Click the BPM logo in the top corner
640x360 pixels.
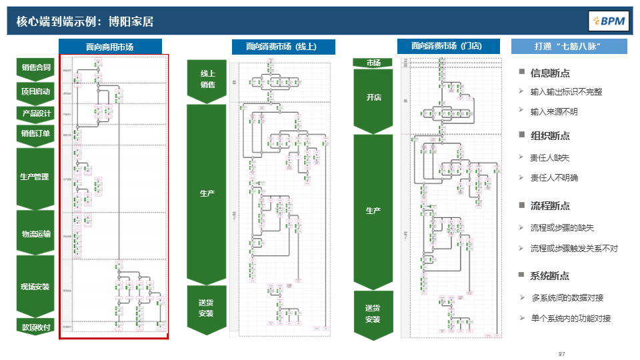click(607, 21)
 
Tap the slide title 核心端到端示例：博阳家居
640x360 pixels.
click(85, 21)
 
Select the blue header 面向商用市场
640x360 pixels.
click(110, 47)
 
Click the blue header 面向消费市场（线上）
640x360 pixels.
click(283, 47)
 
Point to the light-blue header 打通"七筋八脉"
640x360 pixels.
click(569, 47)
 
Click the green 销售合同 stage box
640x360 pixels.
click(36, 67)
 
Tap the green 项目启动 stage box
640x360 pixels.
click(36, 91)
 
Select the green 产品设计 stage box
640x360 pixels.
click(36, 113)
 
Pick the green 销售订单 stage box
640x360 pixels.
click(36, 133)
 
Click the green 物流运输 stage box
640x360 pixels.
click(36, 233)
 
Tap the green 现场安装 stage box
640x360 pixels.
click(36, 287)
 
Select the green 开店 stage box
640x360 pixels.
click(373, 97)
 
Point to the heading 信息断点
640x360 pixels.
click(550, 73)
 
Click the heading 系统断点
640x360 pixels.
click(550, 276)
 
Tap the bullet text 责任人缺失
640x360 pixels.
click(549, 157)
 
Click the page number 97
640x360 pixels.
click(562, 353)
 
